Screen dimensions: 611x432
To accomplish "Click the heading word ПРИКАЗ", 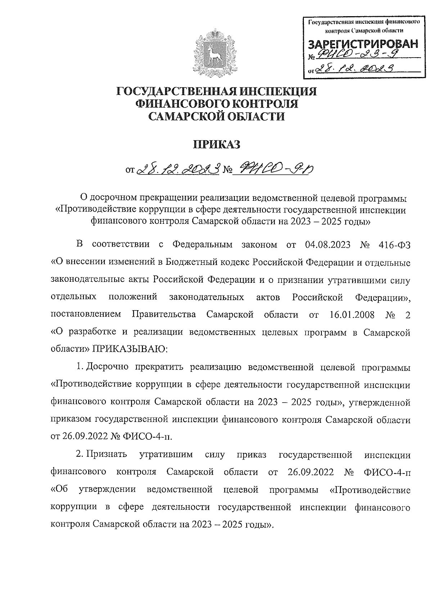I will tap(216, 144).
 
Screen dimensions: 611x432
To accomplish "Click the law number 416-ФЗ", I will tap(395, 245).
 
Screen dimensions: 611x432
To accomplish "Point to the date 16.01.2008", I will tap(352, 314).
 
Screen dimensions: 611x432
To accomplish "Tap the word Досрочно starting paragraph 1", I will tap(108, 367).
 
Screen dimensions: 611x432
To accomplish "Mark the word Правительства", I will tap(164, 314).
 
